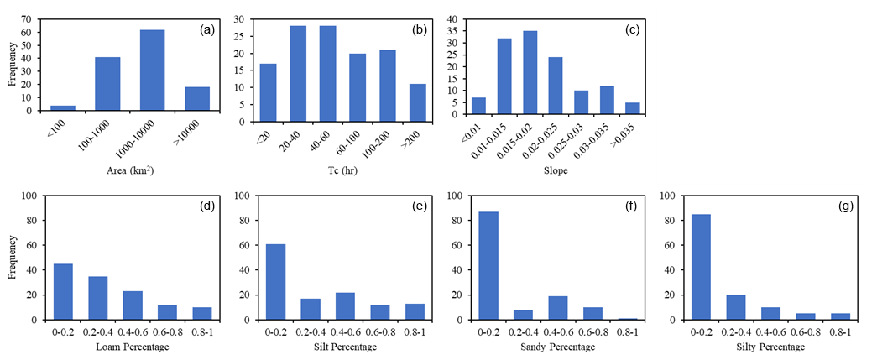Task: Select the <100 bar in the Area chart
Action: coord(63,107)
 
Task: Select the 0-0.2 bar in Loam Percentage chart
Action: coord(62,292)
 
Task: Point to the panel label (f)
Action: coord(626,206)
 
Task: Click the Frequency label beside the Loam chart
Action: coord(12,257)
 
